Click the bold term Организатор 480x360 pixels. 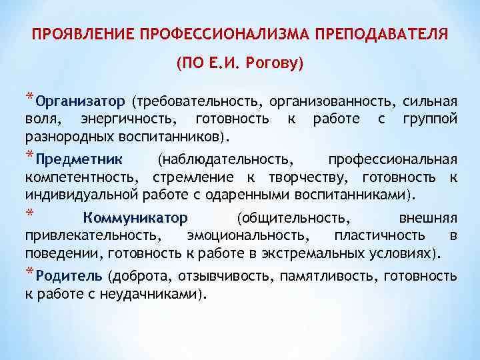point(81,102)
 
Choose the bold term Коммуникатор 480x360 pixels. point(135,218)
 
